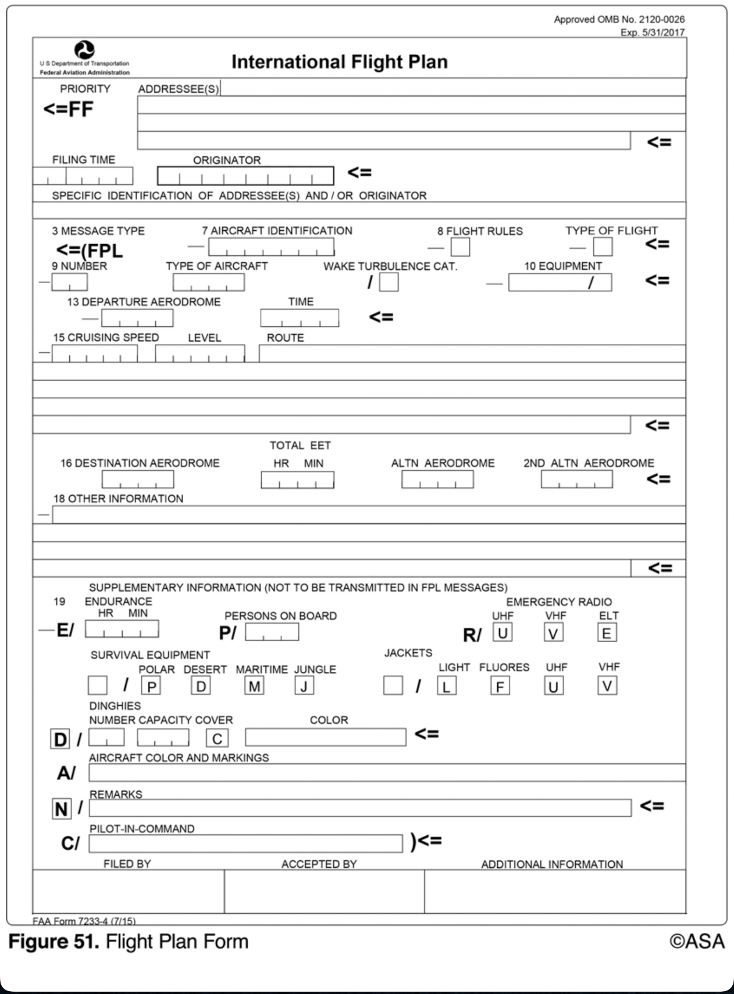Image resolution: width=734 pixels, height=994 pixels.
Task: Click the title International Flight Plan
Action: tap(339, 62)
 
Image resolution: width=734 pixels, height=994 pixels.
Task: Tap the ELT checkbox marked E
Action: tap(607, 633)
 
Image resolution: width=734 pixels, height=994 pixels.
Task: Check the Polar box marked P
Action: tap(151, 686)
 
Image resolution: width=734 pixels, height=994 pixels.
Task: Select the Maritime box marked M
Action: tap(254, 686)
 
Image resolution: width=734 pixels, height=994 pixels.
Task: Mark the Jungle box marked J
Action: tap(304, 686)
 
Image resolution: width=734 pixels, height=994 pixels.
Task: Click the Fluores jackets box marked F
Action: tap(500, 686)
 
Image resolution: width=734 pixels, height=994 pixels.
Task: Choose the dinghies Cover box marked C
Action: tap(217, 738)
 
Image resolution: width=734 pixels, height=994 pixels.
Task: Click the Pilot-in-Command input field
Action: tap(245, 843)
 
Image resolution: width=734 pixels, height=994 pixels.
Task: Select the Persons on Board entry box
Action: tap(272, 632)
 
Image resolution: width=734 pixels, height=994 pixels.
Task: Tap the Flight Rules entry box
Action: tap(461, 247)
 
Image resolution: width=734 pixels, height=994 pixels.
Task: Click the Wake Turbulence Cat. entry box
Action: tap(389, 283)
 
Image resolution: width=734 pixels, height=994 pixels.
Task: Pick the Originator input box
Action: tap(245, 176)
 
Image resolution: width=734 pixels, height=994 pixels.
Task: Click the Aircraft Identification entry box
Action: tap(271, 247)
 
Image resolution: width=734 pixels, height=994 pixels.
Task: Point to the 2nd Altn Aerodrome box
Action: tap(576, 480)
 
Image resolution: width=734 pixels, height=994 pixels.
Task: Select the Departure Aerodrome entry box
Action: tap(137, 318)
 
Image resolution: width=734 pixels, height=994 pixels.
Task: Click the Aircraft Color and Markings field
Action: tap(387, 773)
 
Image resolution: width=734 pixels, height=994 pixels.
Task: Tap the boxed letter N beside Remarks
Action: tap(61, 809)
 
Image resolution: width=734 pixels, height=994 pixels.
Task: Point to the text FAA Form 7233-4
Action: tap(84, 921)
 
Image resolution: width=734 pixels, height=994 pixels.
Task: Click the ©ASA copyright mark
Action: tap(697, 942)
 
